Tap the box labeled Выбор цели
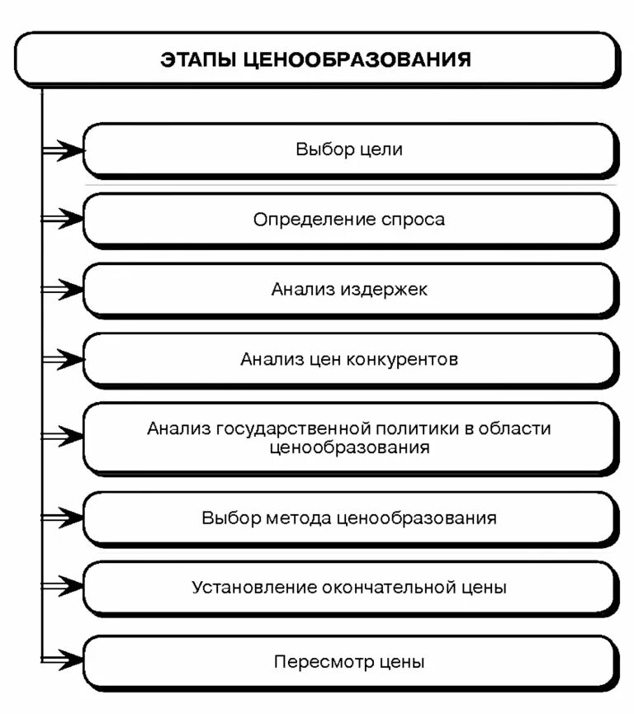tap(349, 150)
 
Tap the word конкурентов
tap(403, 360)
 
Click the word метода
tap(300, 518)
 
